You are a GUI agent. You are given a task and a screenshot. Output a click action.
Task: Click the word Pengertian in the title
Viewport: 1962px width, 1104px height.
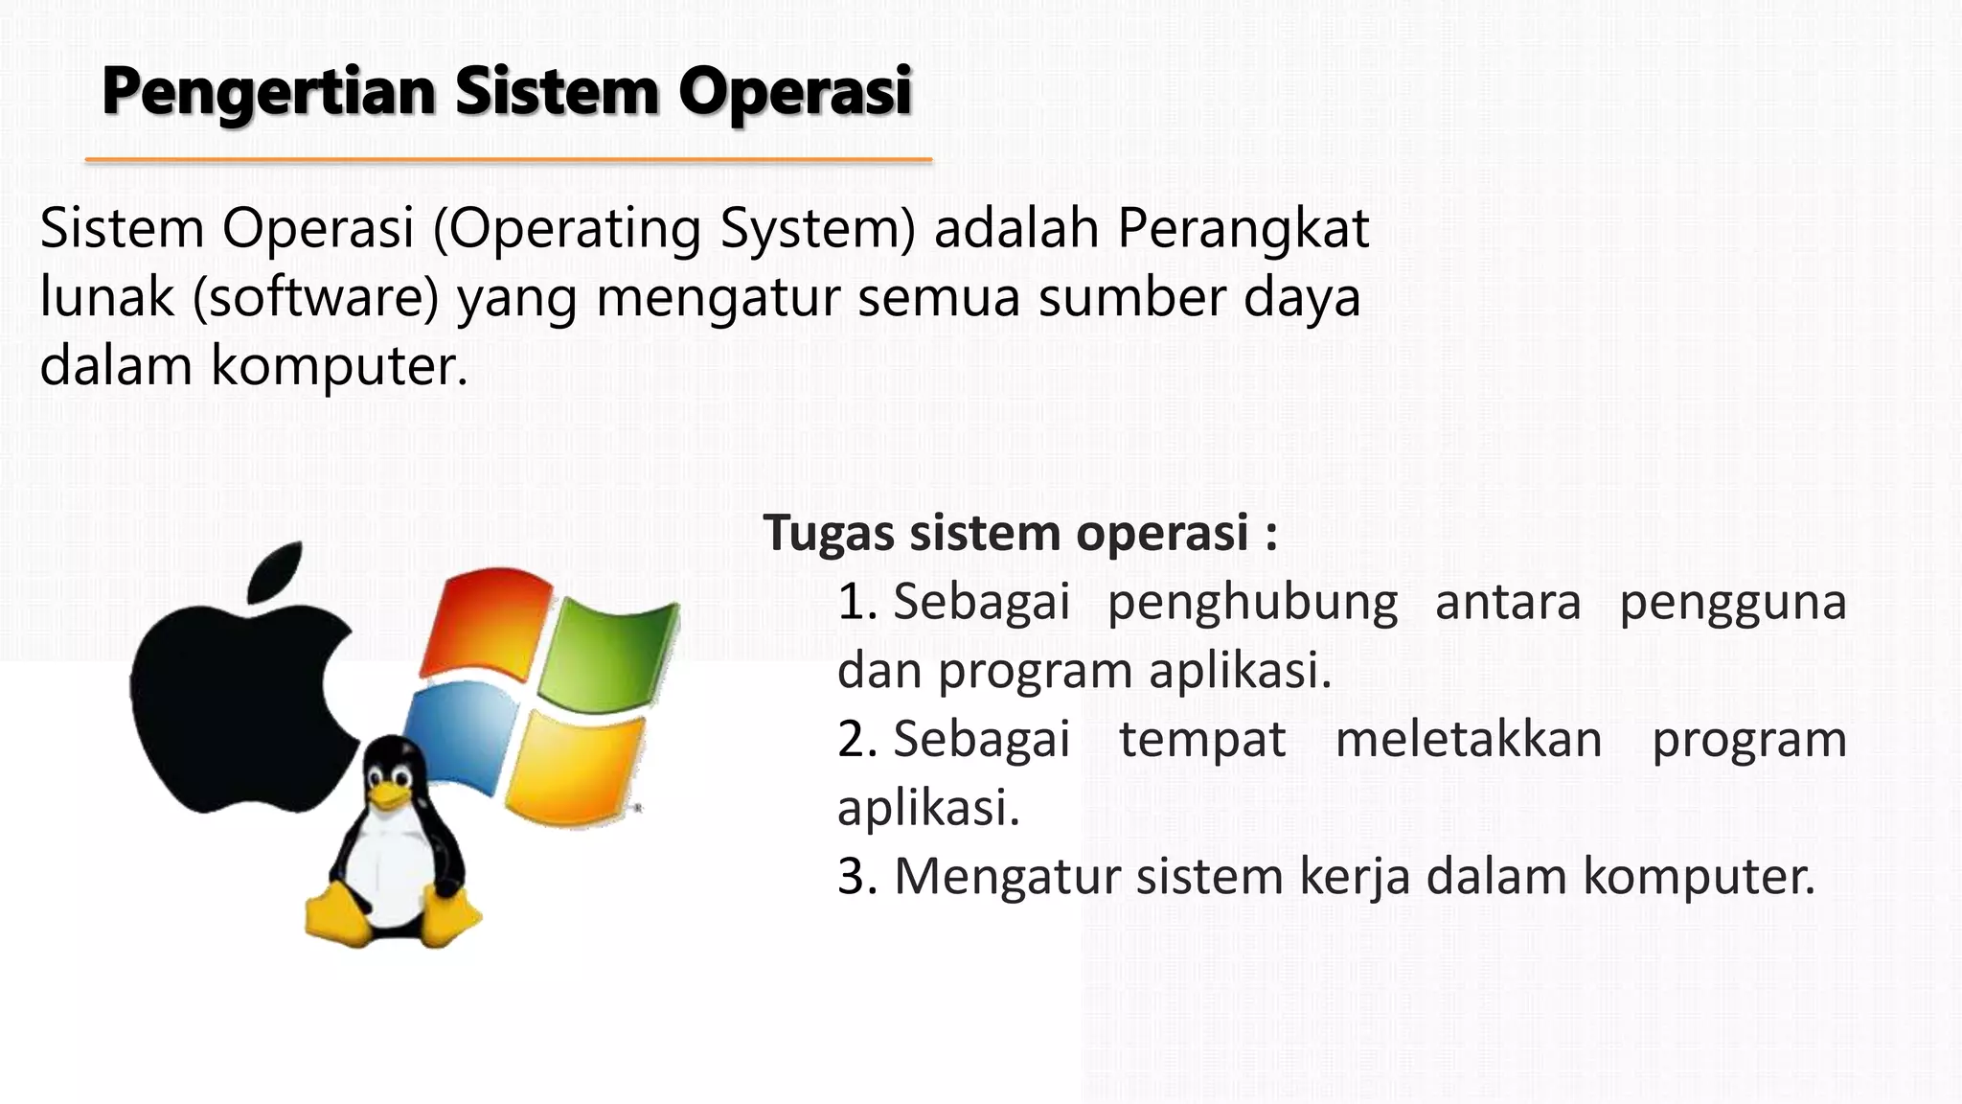pyautogui.click(x=269, y=93)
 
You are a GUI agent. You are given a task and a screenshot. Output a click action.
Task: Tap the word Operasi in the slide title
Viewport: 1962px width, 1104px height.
pyautogui.click(x=795, y=93)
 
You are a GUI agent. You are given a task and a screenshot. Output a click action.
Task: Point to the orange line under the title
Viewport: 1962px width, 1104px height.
pyautogui.click(x=508, y=160)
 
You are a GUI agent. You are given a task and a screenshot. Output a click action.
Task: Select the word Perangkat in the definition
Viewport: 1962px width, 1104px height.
pyautogui.click(x=1243, y=229)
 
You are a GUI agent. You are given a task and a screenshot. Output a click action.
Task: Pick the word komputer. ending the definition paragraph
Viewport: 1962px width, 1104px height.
pyautogui.click(x=339, y=366)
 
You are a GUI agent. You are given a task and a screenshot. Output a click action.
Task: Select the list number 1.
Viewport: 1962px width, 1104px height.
pyautogui.click(x=856, y=603)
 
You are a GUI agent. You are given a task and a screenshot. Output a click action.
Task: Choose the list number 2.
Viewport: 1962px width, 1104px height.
pyautogui.click(x=856, y=740)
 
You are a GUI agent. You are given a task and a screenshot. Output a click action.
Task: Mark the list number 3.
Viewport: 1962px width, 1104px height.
pyautogui.click(x=856, y=877)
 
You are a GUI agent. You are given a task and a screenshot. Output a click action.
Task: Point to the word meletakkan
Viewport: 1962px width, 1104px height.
pyautogui.click(x=1468, y=740)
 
